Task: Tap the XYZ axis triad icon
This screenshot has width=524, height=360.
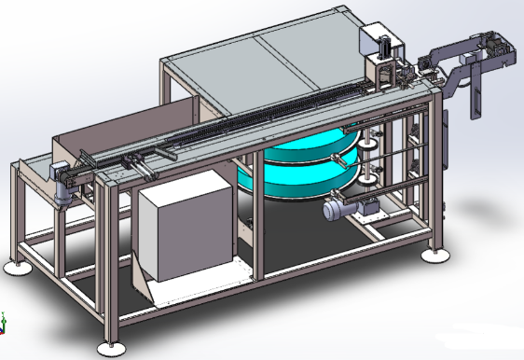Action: [x=5, y=323]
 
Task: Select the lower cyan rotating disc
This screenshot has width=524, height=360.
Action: [x=298, y=177]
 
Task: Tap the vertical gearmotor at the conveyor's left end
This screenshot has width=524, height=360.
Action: [x=63, y=183]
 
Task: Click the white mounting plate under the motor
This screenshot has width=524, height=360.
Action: [x=373, y=220]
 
